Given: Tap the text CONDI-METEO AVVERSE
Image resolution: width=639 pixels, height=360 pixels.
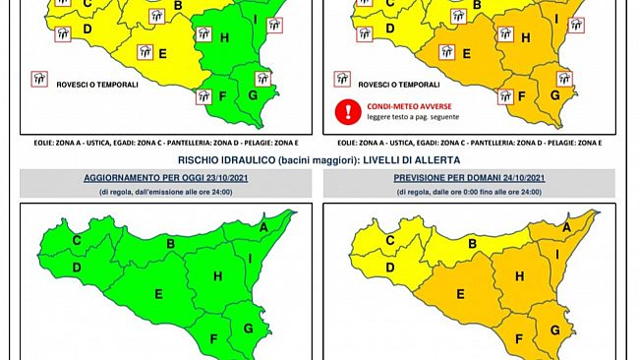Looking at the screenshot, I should point(401,106).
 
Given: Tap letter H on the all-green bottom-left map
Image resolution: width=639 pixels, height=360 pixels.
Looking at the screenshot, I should point(213,276).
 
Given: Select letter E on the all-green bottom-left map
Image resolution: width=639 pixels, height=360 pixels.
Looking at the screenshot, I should point(156,292).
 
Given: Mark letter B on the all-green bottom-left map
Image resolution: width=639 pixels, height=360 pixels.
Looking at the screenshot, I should point(170,243).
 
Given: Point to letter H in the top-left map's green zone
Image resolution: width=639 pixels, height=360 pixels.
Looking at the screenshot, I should point(225,38).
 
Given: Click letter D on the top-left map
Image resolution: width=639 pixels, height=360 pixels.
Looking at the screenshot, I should point(87,29).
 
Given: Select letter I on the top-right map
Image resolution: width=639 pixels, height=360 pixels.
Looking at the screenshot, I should point(555,20).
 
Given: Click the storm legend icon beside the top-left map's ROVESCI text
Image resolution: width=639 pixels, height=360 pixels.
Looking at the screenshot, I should point(40,78).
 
